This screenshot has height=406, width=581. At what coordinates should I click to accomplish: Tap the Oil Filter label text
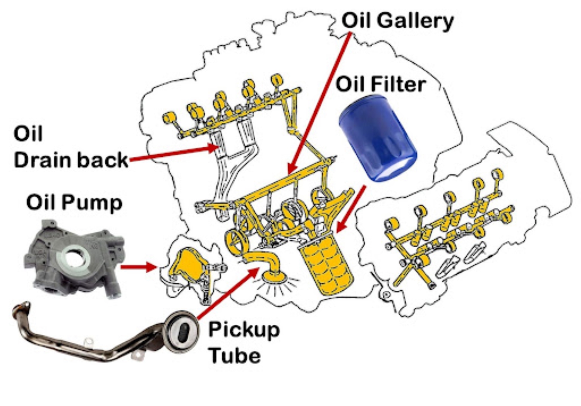point(380,84)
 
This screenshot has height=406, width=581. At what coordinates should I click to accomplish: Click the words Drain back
point(71,160)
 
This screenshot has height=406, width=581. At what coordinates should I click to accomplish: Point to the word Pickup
point(244,330)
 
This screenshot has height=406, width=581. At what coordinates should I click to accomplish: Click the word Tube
point(234,355)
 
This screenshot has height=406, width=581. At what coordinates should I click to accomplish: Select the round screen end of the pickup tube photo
point(182,331)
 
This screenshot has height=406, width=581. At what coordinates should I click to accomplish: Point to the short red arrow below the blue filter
point(351,209)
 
